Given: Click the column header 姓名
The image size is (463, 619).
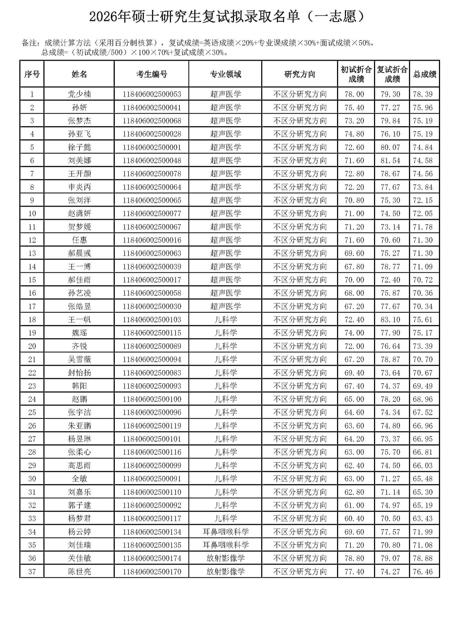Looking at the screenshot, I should (79, 74).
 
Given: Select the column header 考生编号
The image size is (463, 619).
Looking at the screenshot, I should (151, 74).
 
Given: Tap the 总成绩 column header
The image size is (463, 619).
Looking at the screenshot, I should (424, 74).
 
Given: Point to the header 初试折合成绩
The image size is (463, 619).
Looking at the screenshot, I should (356, 74).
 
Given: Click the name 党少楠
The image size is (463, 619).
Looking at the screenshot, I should (79, 94).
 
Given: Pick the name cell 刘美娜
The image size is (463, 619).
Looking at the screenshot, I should (79, 160).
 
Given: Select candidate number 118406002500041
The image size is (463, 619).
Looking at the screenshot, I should (151, 108).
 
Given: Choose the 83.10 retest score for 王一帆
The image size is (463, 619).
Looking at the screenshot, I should (390, 320).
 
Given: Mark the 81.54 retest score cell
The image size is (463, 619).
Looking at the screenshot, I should (390, 160).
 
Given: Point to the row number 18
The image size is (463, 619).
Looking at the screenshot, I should (32, 320).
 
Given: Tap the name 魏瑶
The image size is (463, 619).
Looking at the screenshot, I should (79, 333).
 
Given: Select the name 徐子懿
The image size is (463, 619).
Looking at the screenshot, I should (79, 147).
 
